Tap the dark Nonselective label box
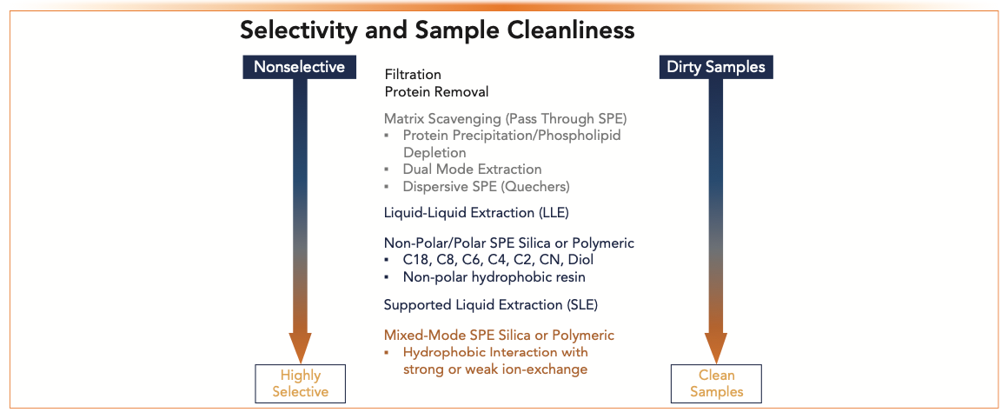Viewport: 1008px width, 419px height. [x=300, y=67]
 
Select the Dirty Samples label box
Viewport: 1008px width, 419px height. [x=716, y=67]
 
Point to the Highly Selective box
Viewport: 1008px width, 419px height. [x=300, y=383]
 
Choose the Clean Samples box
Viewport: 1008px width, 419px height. [x=717, y=383]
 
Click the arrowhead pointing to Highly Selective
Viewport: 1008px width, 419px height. [x=300, y=348]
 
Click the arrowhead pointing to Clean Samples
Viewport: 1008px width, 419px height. [x=717, y=348]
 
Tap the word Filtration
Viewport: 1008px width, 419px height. [x=413, y=75]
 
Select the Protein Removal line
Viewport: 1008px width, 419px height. [x=436, y=92]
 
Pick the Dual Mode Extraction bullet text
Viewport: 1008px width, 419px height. [x=473, y=170]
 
